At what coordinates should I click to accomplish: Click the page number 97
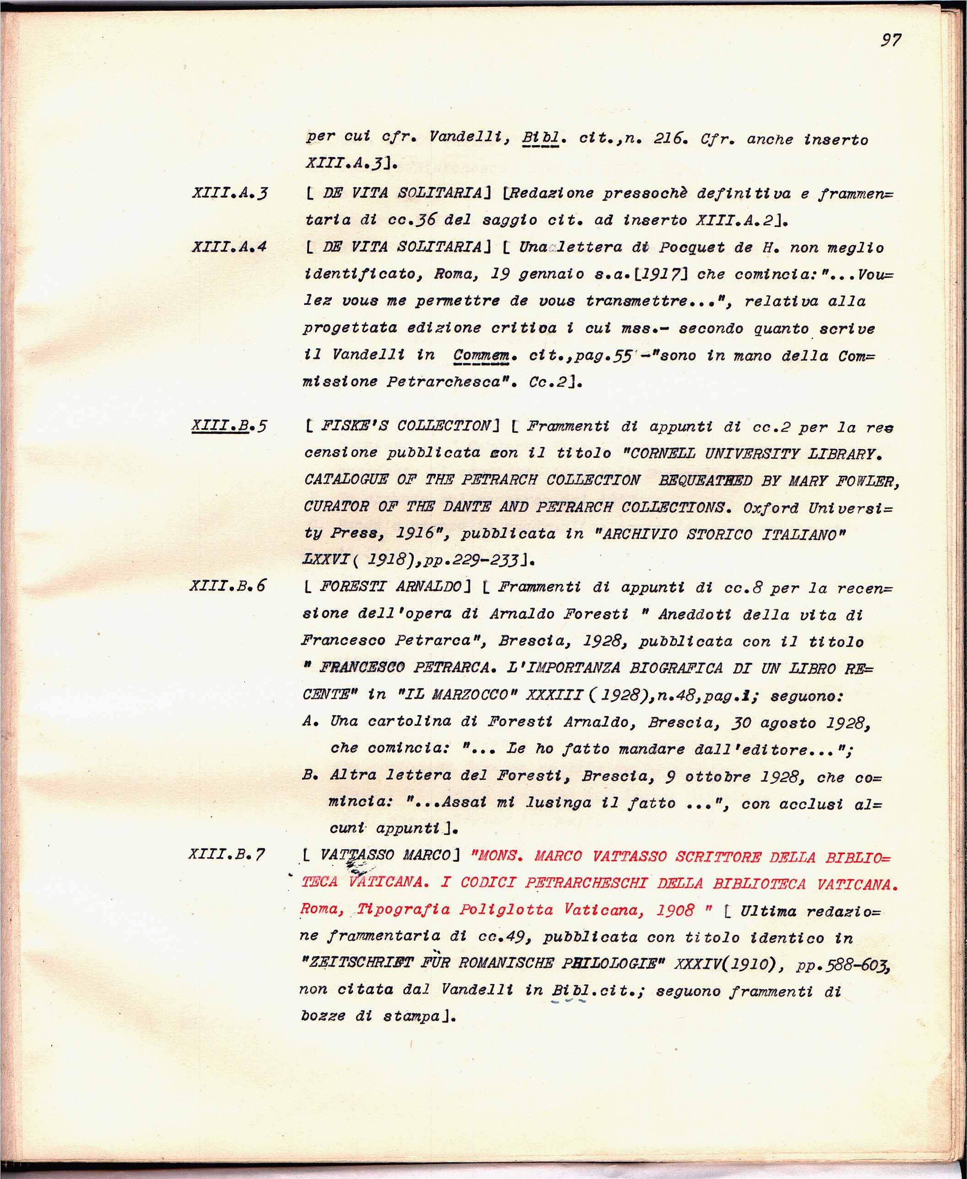point(891,40)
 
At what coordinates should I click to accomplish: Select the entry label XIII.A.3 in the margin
point(229,193)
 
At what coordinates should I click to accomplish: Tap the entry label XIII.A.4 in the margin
point(229,247)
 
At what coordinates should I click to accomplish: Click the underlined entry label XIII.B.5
point(228,426)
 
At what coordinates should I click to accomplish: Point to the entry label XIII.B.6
point(228,586)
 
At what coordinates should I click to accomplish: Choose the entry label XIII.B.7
point(227,854)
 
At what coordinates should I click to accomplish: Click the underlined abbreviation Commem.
point(481,355)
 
